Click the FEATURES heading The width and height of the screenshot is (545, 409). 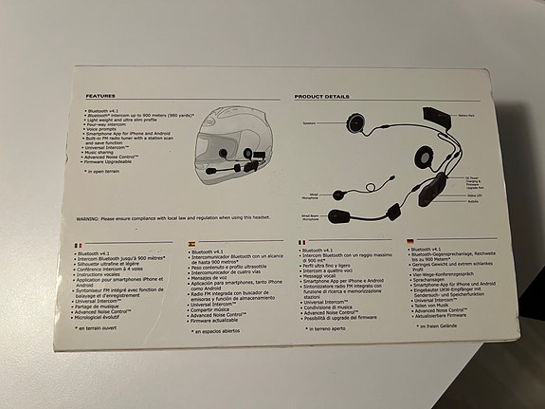100,96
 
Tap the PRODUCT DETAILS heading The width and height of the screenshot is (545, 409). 321,97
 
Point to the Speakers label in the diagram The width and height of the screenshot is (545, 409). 308,123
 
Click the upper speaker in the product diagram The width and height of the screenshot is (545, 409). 354,122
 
